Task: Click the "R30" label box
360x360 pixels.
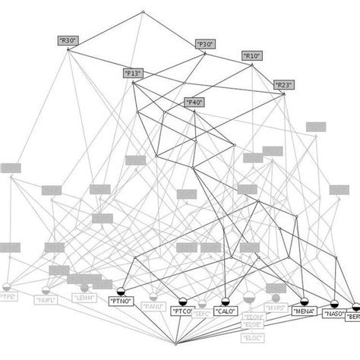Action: tap(68, 39)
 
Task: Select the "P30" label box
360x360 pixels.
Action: tap(205, 45)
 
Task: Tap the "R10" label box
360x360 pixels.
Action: tap(251, 55)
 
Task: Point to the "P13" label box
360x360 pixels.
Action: tap(133, 73)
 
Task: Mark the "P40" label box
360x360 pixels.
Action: tap(194, 102)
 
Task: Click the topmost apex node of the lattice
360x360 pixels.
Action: tap(144, 12)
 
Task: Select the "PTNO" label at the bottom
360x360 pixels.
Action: tap(121, 301)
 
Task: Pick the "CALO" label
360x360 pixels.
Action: tap(224, 311)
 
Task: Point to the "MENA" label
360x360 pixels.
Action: tap(304, 310)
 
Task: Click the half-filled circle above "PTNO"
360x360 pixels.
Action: tap(122, 289)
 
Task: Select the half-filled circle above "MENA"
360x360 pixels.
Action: tap(303, 299)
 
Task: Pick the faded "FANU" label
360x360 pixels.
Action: tap(154, 307)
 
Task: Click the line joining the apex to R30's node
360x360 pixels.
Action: tap(106, 30)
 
